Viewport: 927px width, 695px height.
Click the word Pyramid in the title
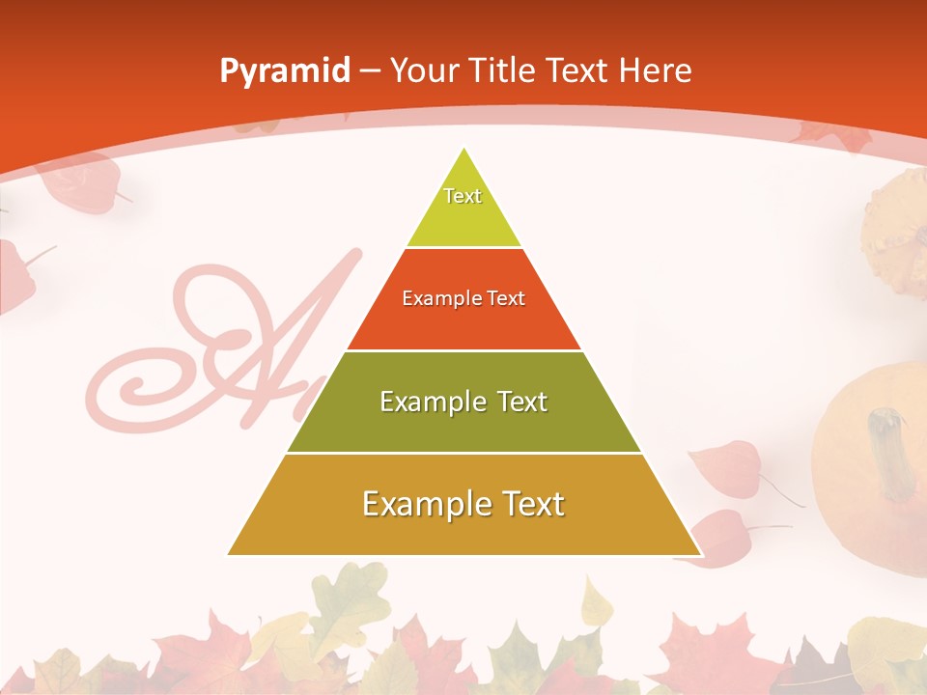pos(284,71)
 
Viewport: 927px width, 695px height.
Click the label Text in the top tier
pos(463,196)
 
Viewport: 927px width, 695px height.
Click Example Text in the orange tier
pos(463,298)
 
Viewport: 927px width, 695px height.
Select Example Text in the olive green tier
pos(463,402)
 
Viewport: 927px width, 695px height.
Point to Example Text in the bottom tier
pos(463,504)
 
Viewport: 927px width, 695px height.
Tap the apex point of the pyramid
pos(464,149)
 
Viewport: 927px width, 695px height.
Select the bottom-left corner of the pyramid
pos(229,554)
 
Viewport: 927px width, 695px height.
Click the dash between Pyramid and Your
pos(370,71)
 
